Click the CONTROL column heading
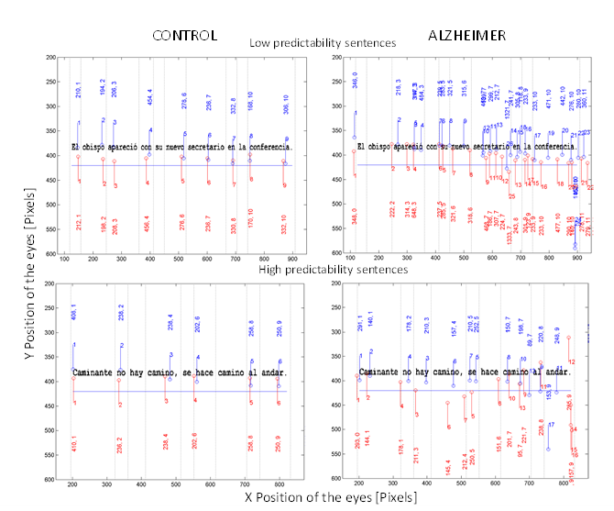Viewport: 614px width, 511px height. (x=184, y=37)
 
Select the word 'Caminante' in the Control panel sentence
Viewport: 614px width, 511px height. (x=94, y=373)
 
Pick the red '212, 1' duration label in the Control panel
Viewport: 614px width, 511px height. (x=79, y=221)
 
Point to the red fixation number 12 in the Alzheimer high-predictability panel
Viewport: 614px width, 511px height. (x=573, y=361)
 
